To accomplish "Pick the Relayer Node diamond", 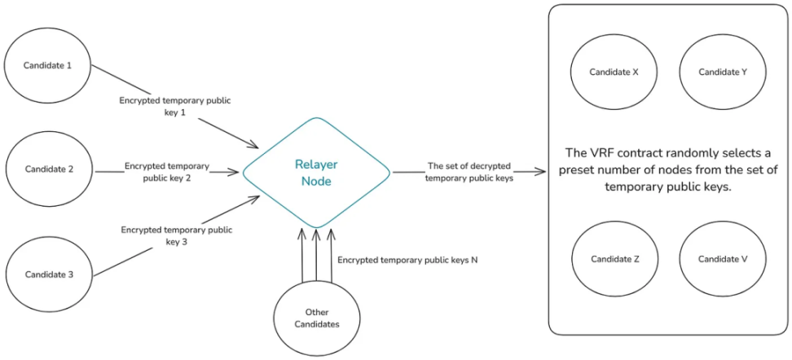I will [316, 173].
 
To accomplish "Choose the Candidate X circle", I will [613, 72].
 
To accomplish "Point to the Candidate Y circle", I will [722, 72].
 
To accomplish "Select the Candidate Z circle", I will [613, 259].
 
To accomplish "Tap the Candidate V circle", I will [722, 259].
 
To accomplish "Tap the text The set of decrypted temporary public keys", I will [470, 171].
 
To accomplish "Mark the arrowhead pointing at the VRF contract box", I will [541, 172].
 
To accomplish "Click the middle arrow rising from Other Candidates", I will [316, 257].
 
